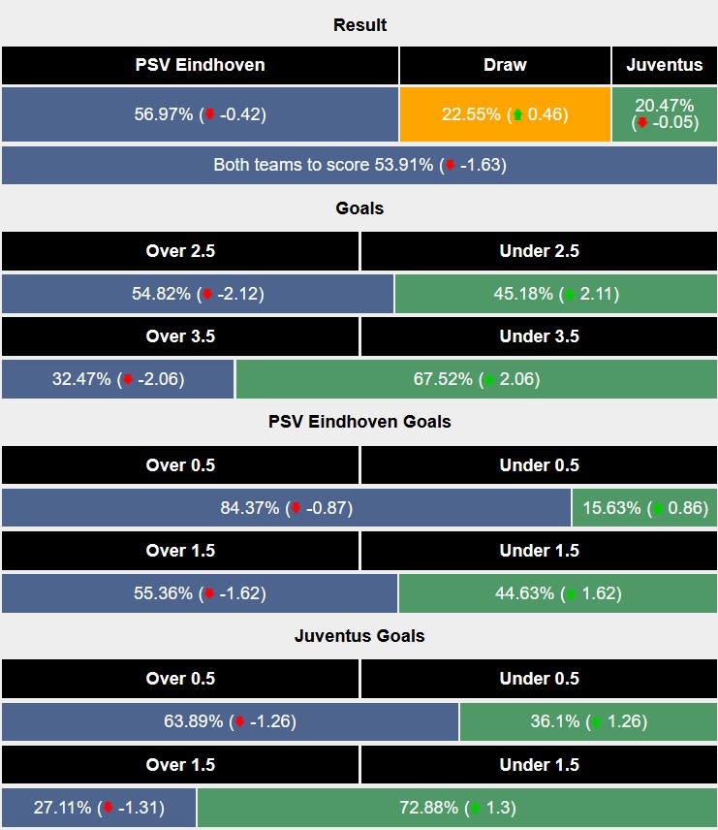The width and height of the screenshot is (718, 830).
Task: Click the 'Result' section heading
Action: [x=359, y=25]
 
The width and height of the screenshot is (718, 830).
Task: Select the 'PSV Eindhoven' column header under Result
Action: [x=200, y=66]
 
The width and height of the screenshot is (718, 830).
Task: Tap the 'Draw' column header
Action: [x=505, y=66]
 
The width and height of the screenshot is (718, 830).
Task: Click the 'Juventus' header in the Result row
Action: [x=665, y=66]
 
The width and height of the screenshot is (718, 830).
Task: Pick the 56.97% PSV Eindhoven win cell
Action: [x=200, y=114]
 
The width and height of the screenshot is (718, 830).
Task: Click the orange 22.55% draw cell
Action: [x=505, y=114]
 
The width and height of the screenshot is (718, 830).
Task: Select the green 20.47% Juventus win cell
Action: [x=665, y=114]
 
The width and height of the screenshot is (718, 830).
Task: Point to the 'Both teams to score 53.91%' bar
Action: [x=359, y=165]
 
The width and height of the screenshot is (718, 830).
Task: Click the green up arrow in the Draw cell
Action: [x=517, y=114]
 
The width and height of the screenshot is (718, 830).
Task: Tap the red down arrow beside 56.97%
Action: [x=208, y=114]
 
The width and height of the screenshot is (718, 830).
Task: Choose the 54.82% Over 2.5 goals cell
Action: [x=198, y=294]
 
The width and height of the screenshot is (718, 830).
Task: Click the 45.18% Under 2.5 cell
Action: [x=555, y=294]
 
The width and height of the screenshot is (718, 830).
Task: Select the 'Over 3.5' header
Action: [x=180, y=336]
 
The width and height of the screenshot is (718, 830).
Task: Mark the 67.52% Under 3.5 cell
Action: [x=476, y=379]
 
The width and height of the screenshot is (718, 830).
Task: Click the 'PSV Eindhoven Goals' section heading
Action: [x=359, y=422]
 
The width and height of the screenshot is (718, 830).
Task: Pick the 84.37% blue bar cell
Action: [x=286, y=507]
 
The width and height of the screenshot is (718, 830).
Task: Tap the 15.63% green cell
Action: [x=644, y=507]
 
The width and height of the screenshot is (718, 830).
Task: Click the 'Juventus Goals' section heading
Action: [x=359, y=636]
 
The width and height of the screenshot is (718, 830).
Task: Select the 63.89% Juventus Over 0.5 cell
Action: [x=230, y=721]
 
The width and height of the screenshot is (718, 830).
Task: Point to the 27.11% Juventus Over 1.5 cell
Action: [x=99, y=808]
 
